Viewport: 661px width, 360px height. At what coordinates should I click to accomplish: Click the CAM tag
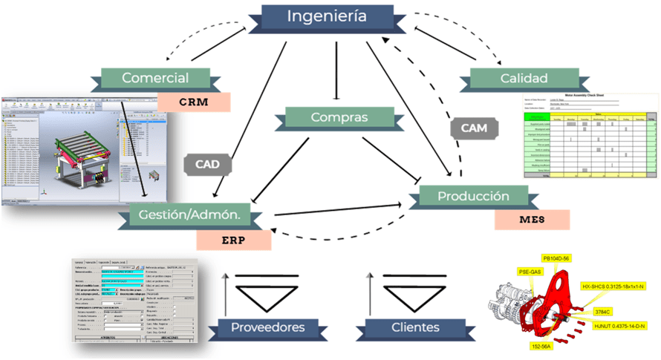click(474, 127)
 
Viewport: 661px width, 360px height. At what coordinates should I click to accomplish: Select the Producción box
click(473, 197)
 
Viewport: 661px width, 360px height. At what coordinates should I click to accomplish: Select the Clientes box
click(404, 327)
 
